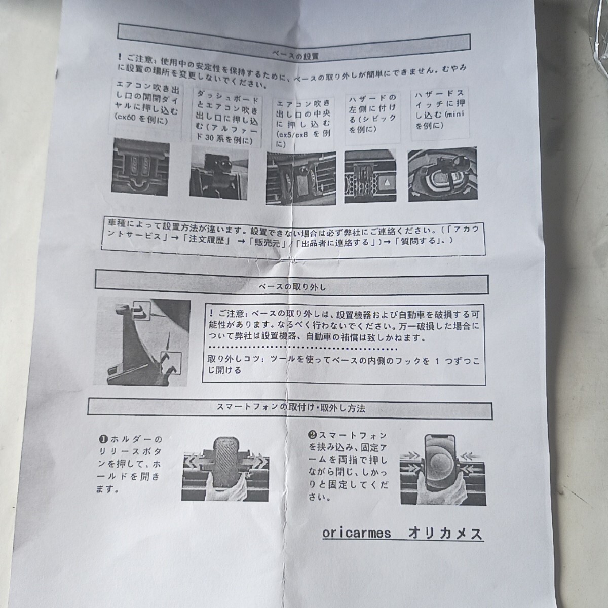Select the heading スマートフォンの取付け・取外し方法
[290, 408]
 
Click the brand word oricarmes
[356, 534]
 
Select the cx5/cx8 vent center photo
[301, 177]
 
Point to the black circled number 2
[312, 435]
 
